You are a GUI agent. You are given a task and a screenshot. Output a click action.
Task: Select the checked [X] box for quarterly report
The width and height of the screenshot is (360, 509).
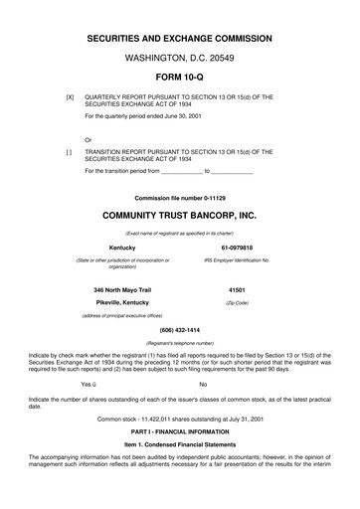click(69, 99)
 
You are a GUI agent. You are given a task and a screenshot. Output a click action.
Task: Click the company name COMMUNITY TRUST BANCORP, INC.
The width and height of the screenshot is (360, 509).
click(180, 214)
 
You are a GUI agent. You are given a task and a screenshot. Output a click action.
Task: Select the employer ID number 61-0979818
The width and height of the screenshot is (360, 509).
click(237, 248)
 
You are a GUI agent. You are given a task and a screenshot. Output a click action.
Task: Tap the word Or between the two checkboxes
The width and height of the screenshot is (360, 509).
click(90, 140)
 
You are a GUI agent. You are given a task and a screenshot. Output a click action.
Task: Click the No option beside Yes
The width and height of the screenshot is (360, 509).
click(203, 383)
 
